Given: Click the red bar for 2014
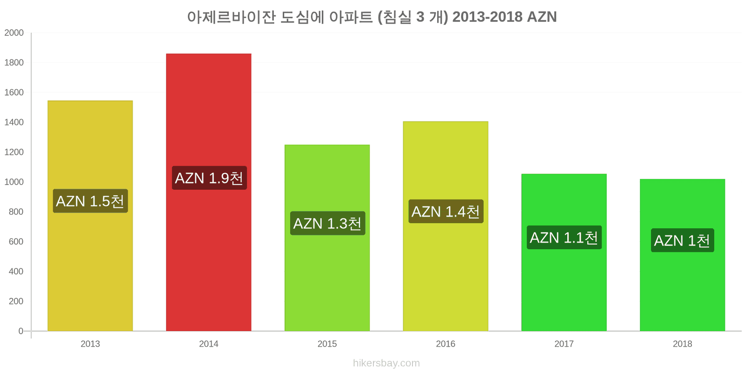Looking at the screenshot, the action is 209,193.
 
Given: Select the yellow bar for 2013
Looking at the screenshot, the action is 90,216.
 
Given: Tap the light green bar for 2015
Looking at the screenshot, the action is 327,238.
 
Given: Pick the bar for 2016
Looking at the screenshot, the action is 445,226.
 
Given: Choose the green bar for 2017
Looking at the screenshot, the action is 564,252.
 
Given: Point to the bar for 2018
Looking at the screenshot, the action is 682,255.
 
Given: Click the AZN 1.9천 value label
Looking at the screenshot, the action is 209,178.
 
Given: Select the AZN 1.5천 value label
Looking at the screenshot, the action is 90,201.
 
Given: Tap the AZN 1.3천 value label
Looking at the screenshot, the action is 327,223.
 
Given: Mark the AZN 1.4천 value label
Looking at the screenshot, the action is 446,211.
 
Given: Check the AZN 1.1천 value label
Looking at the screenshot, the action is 564,237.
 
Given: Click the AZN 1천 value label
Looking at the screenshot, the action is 682,240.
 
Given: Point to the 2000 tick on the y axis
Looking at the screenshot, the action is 14,33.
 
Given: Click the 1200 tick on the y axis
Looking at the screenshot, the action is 14,152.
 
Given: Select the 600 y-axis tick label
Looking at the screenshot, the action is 16,241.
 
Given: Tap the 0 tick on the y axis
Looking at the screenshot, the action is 20,331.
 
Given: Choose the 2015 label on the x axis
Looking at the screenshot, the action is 327,344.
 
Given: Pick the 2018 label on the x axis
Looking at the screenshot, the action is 682,344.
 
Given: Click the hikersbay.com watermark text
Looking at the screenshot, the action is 386,363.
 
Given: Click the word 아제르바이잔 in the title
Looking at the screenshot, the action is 232,17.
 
